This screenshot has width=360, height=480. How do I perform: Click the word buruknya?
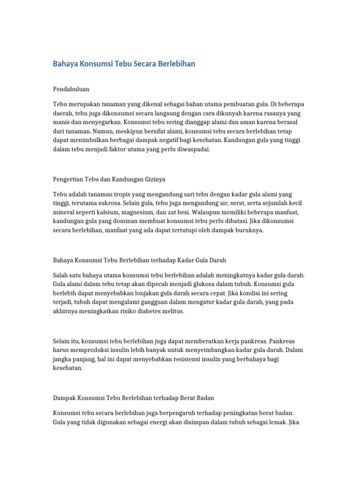tap(249, 230)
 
